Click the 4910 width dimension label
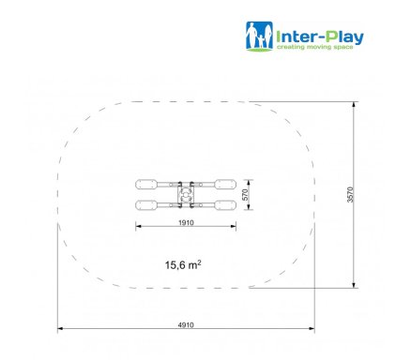186,325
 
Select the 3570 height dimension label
350,195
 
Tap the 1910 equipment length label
186,222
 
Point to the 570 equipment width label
245,195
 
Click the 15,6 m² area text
183,265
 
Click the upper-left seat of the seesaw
146,184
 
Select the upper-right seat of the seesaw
225,184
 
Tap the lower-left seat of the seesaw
146,205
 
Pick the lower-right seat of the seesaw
225,205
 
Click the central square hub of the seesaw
186,195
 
